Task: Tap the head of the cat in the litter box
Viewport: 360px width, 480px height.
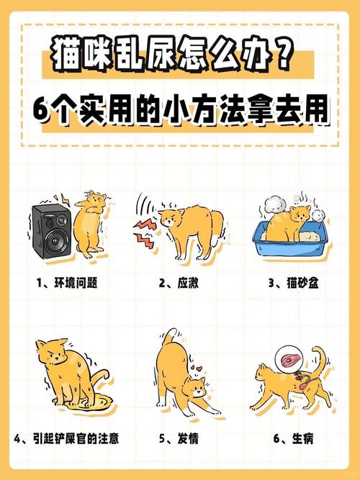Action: click(x=300, y=214)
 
